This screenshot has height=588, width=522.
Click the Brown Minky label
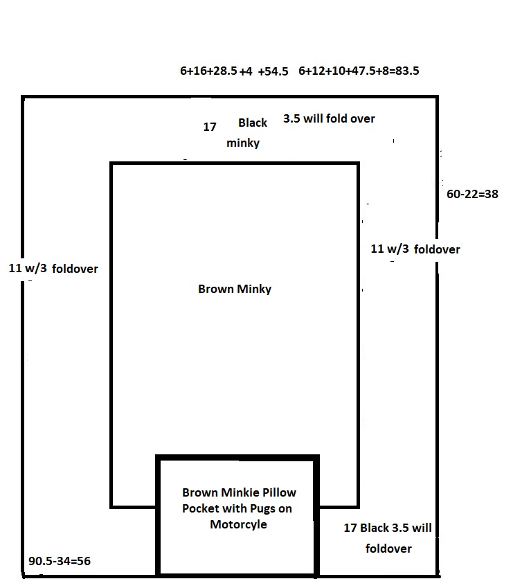point(235,289)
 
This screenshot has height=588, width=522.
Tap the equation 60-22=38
point(473,194)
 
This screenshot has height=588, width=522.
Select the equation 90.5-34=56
point(60,561)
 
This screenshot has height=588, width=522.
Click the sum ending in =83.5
point(359,71)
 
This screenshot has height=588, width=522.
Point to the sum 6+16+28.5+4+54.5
point(234,71)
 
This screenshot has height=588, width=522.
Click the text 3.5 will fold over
point(329,118)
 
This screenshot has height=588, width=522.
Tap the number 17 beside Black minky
point(210,127)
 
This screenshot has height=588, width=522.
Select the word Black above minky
point(253,123)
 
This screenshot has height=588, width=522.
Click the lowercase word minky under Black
point(243,143)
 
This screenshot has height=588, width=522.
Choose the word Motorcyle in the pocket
point(238,524)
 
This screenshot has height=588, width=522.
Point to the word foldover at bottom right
point(388,549)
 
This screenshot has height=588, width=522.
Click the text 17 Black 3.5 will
point(388,528)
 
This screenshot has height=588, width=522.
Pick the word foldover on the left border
point(75,269)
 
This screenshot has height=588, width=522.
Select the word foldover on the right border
point(437,249)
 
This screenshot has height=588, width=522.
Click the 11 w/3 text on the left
point(28,268)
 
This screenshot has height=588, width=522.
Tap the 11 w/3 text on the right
point(390,249)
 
